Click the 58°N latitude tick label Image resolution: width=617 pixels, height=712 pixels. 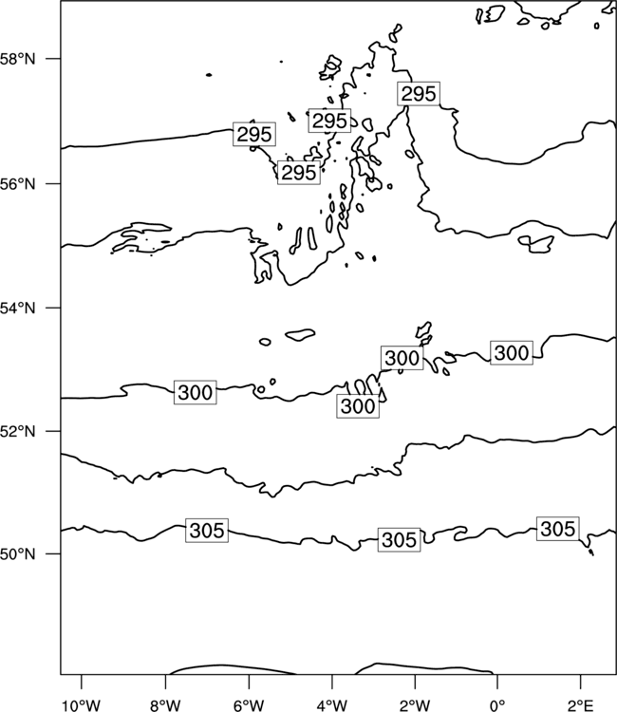(x=17, y=59)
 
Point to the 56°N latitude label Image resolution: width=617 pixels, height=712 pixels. (x=17, y=184)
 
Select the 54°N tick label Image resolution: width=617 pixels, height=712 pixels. (x=17, y=309)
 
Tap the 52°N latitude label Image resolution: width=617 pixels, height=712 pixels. (x=17, y=431)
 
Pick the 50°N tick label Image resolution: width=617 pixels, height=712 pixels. (x=17, y=554)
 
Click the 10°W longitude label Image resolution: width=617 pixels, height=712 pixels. (x=81, y=705)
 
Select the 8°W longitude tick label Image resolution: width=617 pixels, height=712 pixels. (x=165, y=705)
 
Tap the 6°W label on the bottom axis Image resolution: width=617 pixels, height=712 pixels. (x=249, y=705)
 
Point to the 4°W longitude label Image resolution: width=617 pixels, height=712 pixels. (x=331, y=705)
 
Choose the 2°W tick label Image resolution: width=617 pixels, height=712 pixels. (x=415, y=705)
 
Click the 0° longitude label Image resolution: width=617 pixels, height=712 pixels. (x=497, y=705)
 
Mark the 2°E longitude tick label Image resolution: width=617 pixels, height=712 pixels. (x=581, y=705)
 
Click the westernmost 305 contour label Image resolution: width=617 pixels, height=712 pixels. (x=207, y=531)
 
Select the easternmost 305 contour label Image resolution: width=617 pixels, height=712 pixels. (x=558, y=529)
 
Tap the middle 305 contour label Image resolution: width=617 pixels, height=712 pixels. (x=399, y=540)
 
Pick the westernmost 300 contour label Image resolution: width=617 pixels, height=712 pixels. (x=196, y=392)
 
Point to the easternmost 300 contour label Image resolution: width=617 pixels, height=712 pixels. (x=512, y=353)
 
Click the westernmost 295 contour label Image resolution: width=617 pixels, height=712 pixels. (x=254, y=134)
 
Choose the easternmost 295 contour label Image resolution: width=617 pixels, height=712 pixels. (x=419, y=94)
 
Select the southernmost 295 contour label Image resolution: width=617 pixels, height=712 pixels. (x=299, y=172)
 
